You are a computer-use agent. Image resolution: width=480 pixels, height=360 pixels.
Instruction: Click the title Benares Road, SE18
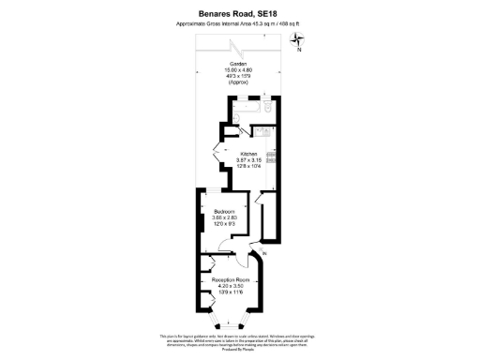pyautogui.click(x=239, y=13)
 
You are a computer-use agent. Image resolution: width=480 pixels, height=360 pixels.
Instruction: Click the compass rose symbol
pyautogui.click(x=299, y=39)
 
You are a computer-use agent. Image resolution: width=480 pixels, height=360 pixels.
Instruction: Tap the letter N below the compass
pyautogui.click(x=299, y=52)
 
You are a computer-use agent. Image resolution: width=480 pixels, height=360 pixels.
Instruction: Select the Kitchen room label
pyautogui.click(x=248, y=154)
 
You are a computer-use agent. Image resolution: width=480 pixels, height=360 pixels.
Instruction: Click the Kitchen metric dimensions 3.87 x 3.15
pyautogui.click(x=248, y=160)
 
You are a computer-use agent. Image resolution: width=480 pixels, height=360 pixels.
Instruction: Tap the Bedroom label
pyautogui.click(x=224, y=212)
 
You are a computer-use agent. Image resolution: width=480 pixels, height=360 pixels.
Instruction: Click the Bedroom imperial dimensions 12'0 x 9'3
pyautogui.click(x=224, y=225)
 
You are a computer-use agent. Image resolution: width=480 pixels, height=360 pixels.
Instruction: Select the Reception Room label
pyautogui.click(x=230, y=279)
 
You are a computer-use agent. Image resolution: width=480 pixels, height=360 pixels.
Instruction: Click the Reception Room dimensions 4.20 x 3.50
pyautogui.click(x=230, y=286)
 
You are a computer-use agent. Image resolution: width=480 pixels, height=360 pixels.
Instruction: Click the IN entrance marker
pyautogui.click(x=265, y=255)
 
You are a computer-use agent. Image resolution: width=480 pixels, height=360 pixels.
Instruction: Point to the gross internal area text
pyautogui.click(x=239, y=23)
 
